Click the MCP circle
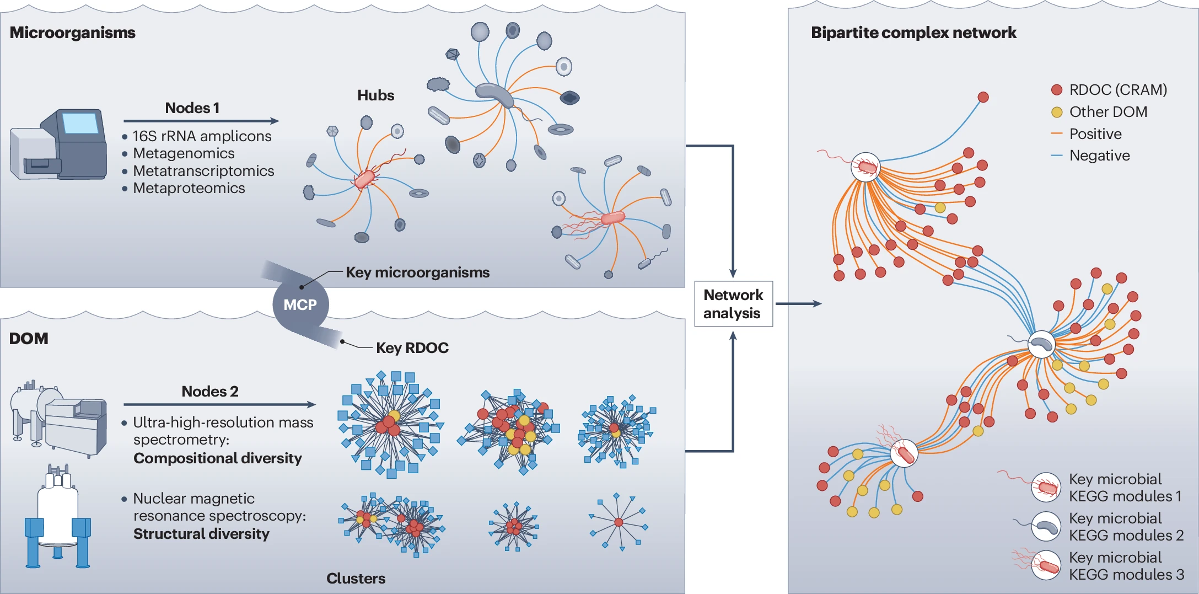coord(300,304)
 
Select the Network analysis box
coord(733,304)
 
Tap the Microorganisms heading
coord(72,33)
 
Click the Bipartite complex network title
coord(913,33)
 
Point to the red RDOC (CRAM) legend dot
coord(1057,90)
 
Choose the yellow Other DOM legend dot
coord(1057,112)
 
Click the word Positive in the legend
coord(1095,134)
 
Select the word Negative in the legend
coord(1099,156)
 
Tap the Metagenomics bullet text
coord(184,153)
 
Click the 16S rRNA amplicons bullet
coord(202,136)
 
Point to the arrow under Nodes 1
coord(201,121)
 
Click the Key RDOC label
coord(412,348)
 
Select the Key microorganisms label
coord(417,272)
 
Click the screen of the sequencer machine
coord(80,122)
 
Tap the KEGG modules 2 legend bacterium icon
coord(1046,526)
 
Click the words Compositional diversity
coord(218,458)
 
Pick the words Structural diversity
coord(201,534)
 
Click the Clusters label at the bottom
coord(356,579)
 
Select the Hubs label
coord(375,95)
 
